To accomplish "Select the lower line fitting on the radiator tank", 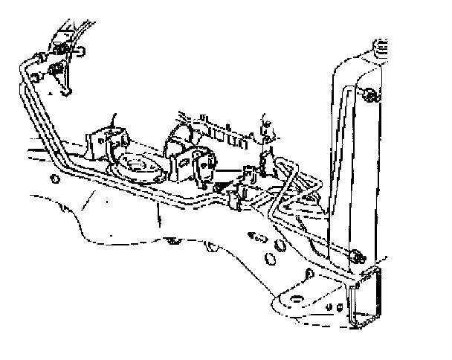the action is [x=358, y=257].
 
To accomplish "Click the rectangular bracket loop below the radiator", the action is [x=365, y=301].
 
